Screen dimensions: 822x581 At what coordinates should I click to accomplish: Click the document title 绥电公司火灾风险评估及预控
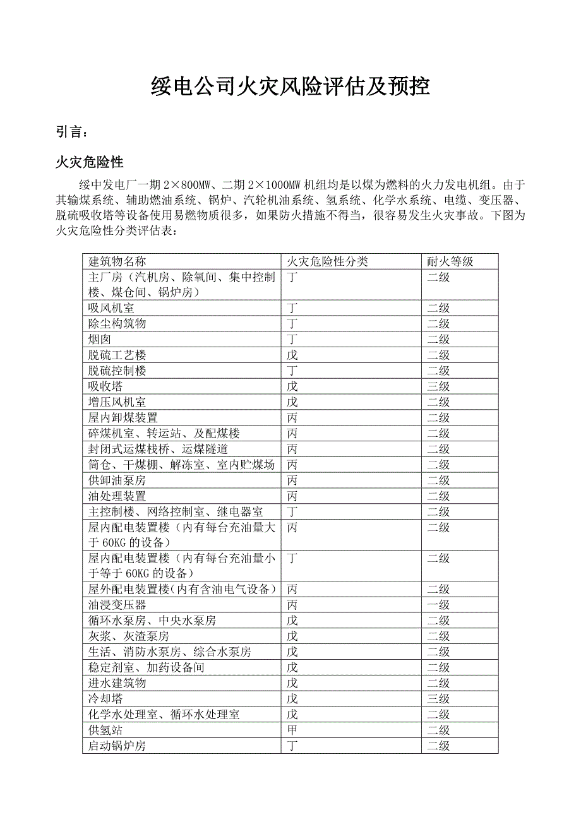pos(290,86)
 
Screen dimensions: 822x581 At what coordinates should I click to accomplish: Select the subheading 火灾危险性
pos(89,162)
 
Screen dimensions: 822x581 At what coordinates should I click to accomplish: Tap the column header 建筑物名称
pos(117,261)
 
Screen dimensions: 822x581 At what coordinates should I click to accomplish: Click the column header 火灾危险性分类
pos(327,261)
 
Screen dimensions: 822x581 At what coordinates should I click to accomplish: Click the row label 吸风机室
pos(111,308)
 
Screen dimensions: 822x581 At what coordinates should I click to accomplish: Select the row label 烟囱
pos(100,340)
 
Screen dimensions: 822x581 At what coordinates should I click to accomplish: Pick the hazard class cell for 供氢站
pos(292,730)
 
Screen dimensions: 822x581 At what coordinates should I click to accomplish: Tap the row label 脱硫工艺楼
pos(117,355)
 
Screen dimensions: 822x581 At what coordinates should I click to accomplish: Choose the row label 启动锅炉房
pos(117,746)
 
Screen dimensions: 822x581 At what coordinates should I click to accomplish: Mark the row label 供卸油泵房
pos(117,480)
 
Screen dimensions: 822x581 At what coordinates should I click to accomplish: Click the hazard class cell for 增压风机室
pos(292,402)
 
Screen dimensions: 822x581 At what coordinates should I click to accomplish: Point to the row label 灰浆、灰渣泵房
pos(129,636)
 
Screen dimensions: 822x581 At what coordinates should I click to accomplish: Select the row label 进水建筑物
pos(117,683)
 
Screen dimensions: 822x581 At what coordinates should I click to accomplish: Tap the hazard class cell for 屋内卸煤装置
pos(292,418)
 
